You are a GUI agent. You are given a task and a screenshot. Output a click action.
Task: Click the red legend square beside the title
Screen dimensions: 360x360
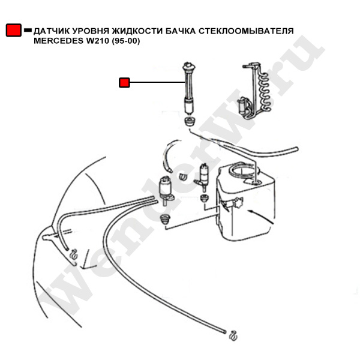pyautogui.click(x=13, y=31)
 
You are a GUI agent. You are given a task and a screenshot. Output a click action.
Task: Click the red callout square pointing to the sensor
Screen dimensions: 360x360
pyautogui.click(x=125, y=82)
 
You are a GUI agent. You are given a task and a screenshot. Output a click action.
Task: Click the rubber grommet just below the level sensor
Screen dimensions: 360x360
pyautogui.click(x=189, y=122)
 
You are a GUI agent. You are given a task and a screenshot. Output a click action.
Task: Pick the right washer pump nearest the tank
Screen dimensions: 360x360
pyautogui.click(x=204, y=176)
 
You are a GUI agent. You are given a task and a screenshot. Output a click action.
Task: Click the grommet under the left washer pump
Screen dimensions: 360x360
pyautogui.click(x=167, y=217)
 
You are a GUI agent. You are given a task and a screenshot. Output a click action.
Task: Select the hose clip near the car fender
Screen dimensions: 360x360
pyautogui.click(x=73, y=253)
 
